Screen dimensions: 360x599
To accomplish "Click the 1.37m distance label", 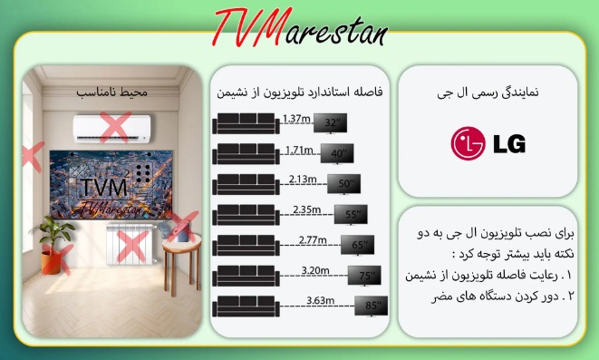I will [295, 118].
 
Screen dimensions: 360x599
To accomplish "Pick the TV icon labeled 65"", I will [356, 244].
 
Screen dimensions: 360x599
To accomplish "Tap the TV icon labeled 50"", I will [347, 183].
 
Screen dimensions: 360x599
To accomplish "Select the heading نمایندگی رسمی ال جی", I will [487, 91].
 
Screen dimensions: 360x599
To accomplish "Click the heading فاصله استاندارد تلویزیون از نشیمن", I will [299, 92].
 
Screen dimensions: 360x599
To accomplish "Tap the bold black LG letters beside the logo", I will [507, 145].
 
